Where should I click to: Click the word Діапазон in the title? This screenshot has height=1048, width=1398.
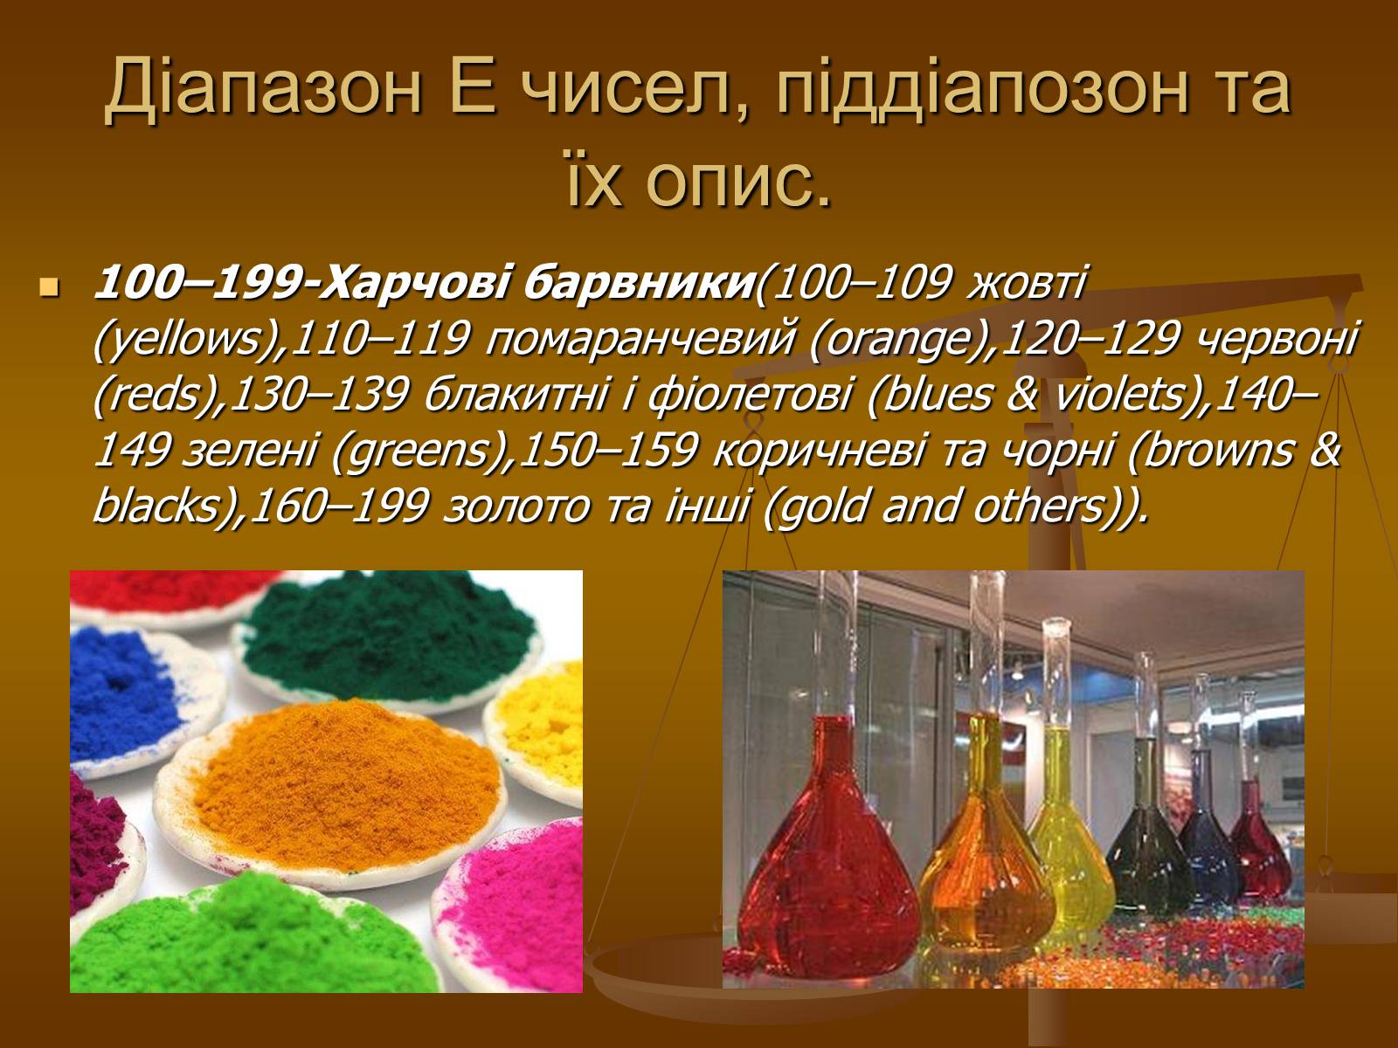point(263,86)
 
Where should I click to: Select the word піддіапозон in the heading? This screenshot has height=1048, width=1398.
point(982,86)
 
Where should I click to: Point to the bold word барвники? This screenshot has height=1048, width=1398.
point(638,283)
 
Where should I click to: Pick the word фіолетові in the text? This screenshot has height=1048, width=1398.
point(748,396)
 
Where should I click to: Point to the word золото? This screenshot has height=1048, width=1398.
point(516,507)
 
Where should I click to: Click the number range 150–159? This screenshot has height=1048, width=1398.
point(607,451)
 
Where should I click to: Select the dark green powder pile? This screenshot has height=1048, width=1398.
point(389,637)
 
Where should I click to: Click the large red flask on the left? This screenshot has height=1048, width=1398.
point(828,846)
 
